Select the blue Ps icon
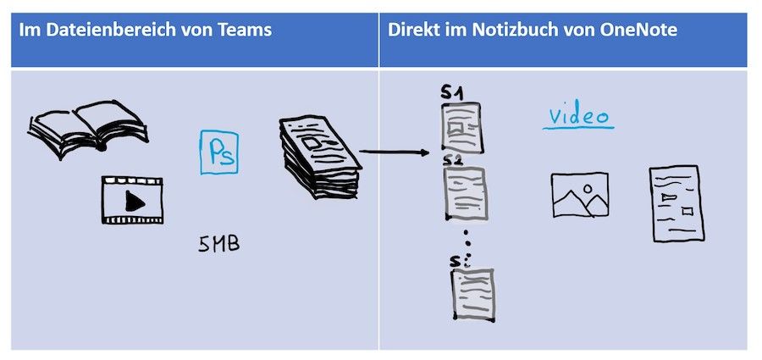[x=219, y=152]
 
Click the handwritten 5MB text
[x=218, y=245]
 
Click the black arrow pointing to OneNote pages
[x=394, y=153]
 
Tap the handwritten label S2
[x=454, y=160]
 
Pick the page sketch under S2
[x=465, y=193]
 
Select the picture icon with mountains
[x=579, y=196]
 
